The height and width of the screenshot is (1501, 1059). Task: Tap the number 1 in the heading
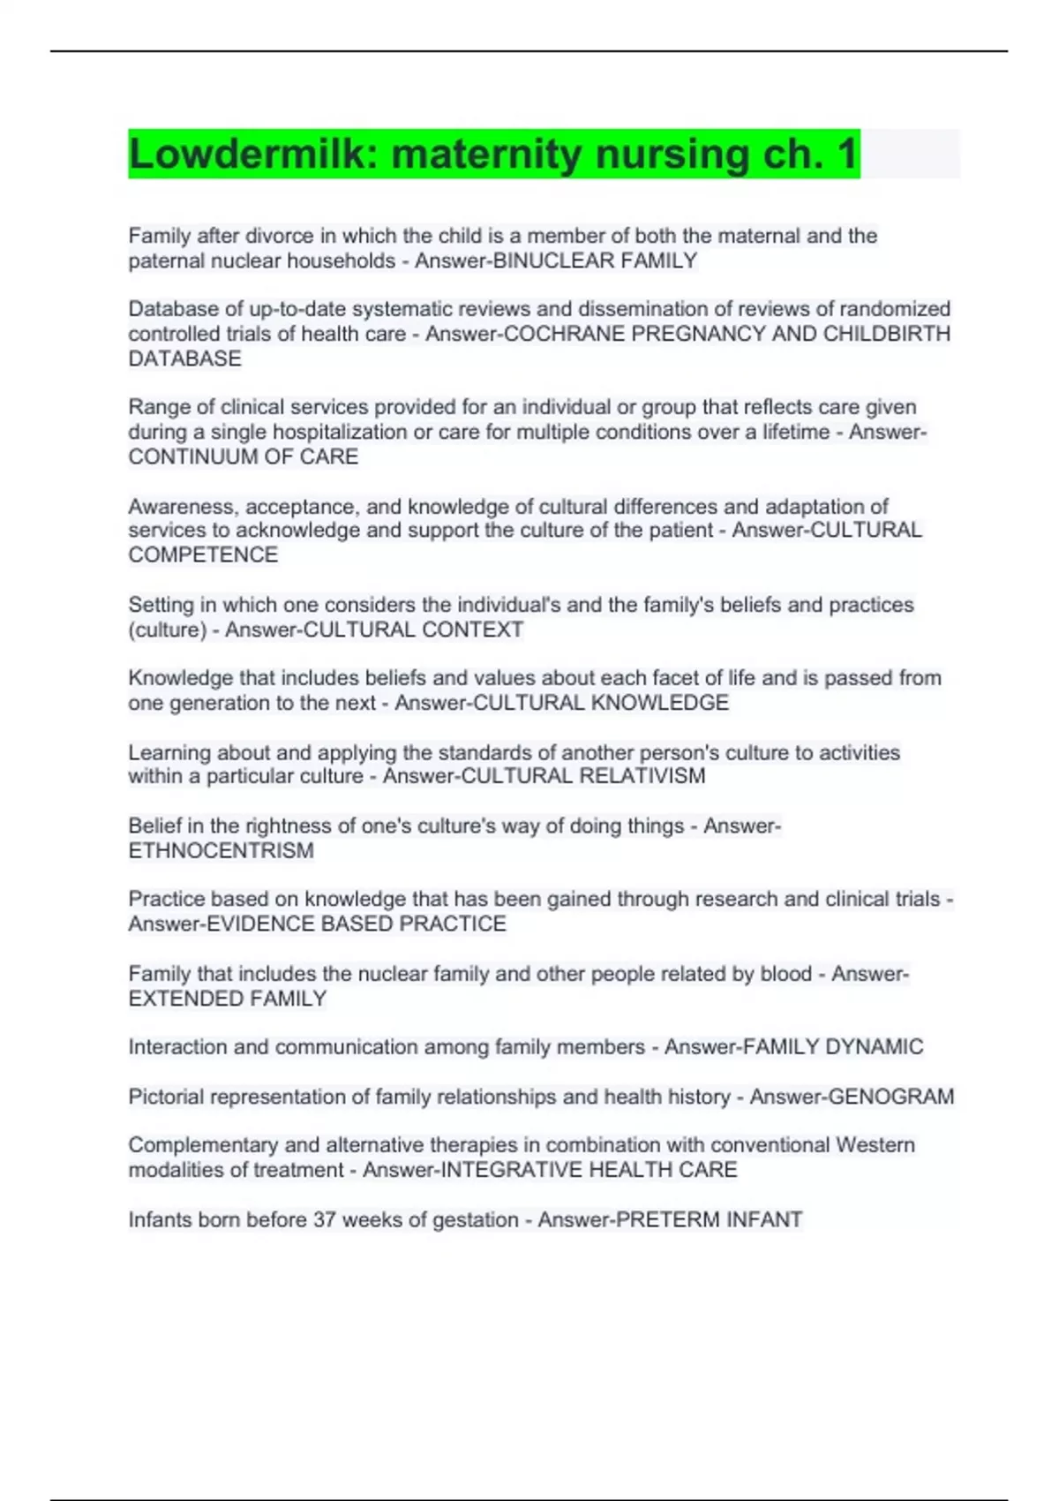[x=847, y=155]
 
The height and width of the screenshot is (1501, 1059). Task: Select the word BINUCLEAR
[x=553, y=261]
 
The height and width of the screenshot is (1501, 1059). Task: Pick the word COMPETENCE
[x=203, y=554]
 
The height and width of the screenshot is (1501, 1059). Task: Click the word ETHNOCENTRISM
[x=221, y=850]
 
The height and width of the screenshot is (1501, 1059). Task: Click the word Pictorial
[x=166, y=1097]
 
